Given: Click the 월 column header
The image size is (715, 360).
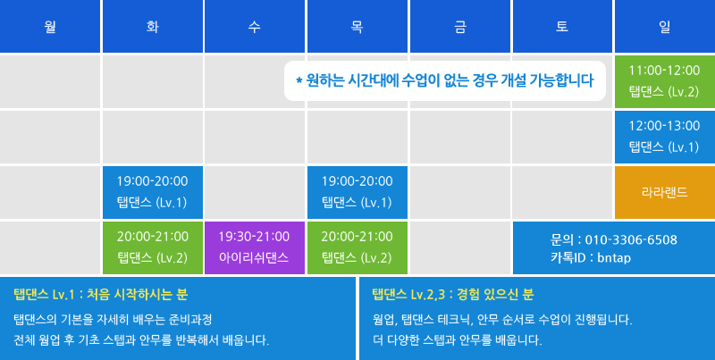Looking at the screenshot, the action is pos(50,26).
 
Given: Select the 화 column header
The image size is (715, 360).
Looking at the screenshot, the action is pos(153,26).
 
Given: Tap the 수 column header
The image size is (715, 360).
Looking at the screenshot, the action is pos(255,26).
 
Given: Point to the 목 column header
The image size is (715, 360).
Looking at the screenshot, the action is pos(357,26).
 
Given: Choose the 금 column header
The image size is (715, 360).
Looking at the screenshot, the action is pos(460,26).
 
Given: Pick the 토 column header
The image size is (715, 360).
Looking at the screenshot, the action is pos(562,26).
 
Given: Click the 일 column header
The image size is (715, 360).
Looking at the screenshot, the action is pos(665,26).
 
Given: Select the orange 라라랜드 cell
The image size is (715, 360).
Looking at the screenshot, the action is pos(665,192).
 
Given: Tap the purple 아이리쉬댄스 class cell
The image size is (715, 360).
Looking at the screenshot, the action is pos(255,247).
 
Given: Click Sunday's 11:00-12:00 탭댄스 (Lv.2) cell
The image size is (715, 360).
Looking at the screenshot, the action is pos(665,81).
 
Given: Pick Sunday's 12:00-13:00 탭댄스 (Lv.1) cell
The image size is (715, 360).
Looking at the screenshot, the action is pos(665,137).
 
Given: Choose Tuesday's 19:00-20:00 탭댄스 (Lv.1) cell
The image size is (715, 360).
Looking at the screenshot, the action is pos(153,192).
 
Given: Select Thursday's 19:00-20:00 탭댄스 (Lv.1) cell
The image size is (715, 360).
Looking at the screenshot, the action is pos(357,192).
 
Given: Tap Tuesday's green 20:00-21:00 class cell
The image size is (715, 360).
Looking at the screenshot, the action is pos(153,247).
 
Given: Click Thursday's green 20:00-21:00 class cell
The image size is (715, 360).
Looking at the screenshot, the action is pos(357,247).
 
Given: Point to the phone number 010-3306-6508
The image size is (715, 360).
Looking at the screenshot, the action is pos(631,239).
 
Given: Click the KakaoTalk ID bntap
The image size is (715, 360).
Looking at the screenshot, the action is pos(614,258).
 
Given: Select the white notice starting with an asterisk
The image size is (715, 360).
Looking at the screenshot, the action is pos(445,81).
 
